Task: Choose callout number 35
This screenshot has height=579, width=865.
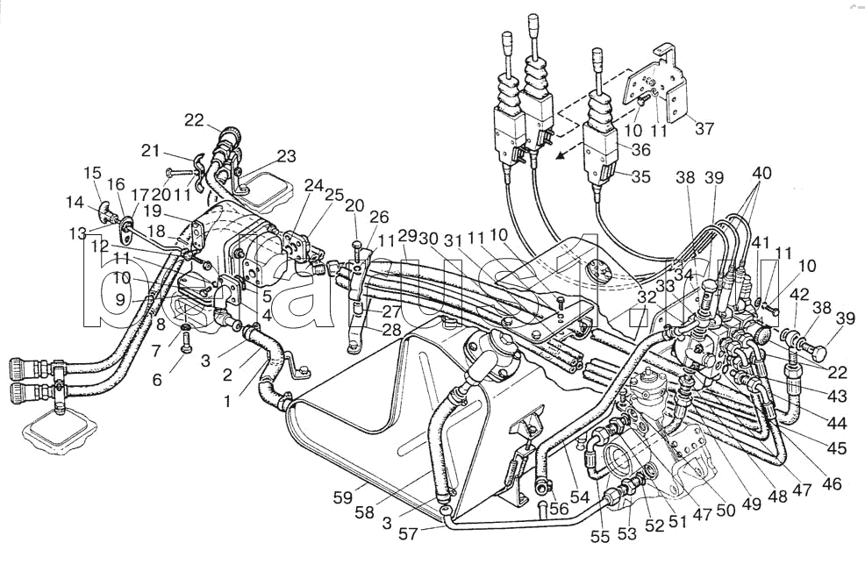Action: coord(640,176)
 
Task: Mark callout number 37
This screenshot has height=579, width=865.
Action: coord(704,129)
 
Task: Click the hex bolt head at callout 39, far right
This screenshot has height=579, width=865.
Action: coord(815,354)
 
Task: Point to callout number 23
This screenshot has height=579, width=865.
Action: coord(286,157)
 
